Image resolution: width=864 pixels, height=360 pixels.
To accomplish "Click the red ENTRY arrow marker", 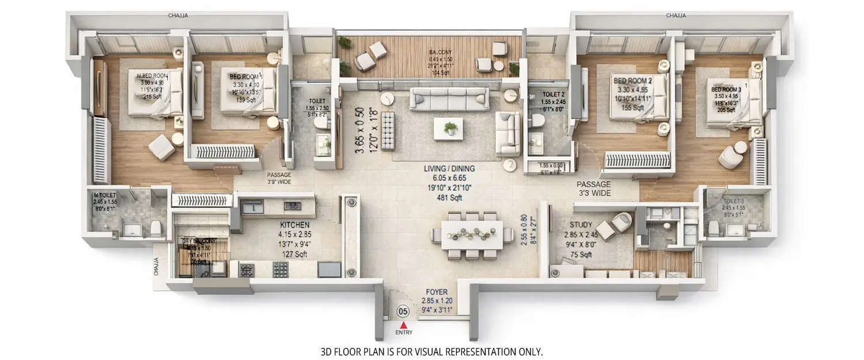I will tap(403, 325).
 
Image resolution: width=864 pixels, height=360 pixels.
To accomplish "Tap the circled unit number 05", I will tap(403, 312).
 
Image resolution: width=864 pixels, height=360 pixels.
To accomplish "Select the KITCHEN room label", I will tap(295, 225).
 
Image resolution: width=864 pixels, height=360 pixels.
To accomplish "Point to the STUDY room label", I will tap(581, 225).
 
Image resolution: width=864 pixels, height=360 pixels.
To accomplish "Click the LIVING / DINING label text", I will tap(449, 169).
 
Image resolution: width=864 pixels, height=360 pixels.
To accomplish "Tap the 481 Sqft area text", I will tap(449, 198).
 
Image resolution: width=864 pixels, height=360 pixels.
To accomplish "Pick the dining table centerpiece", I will tap(472, 233).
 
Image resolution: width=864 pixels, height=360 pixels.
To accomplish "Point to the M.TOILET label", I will tap(105, 196).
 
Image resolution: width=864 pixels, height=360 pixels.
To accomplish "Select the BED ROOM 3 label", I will tap(726, 90).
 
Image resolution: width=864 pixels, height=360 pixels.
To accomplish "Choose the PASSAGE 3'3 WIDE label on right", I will tap(593, 188).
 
